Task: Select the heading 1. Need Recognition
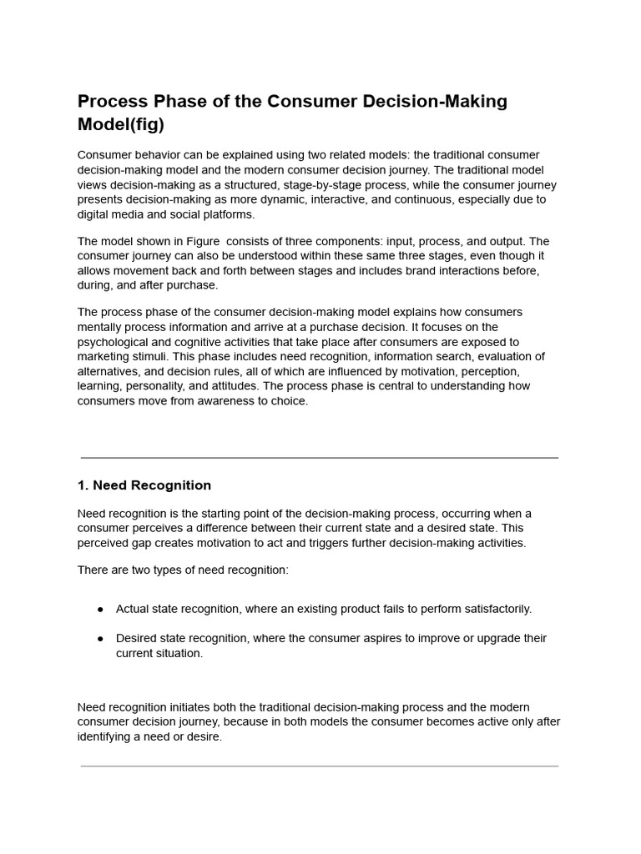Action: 144,485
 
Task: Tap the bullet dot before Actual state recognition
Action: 101,610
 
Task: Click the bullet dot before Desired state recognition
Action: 101,639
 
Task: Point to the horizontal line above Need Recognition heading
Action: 320,458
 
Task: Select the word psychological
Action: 114,342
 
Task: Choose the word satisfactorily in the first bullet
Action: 492,610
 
